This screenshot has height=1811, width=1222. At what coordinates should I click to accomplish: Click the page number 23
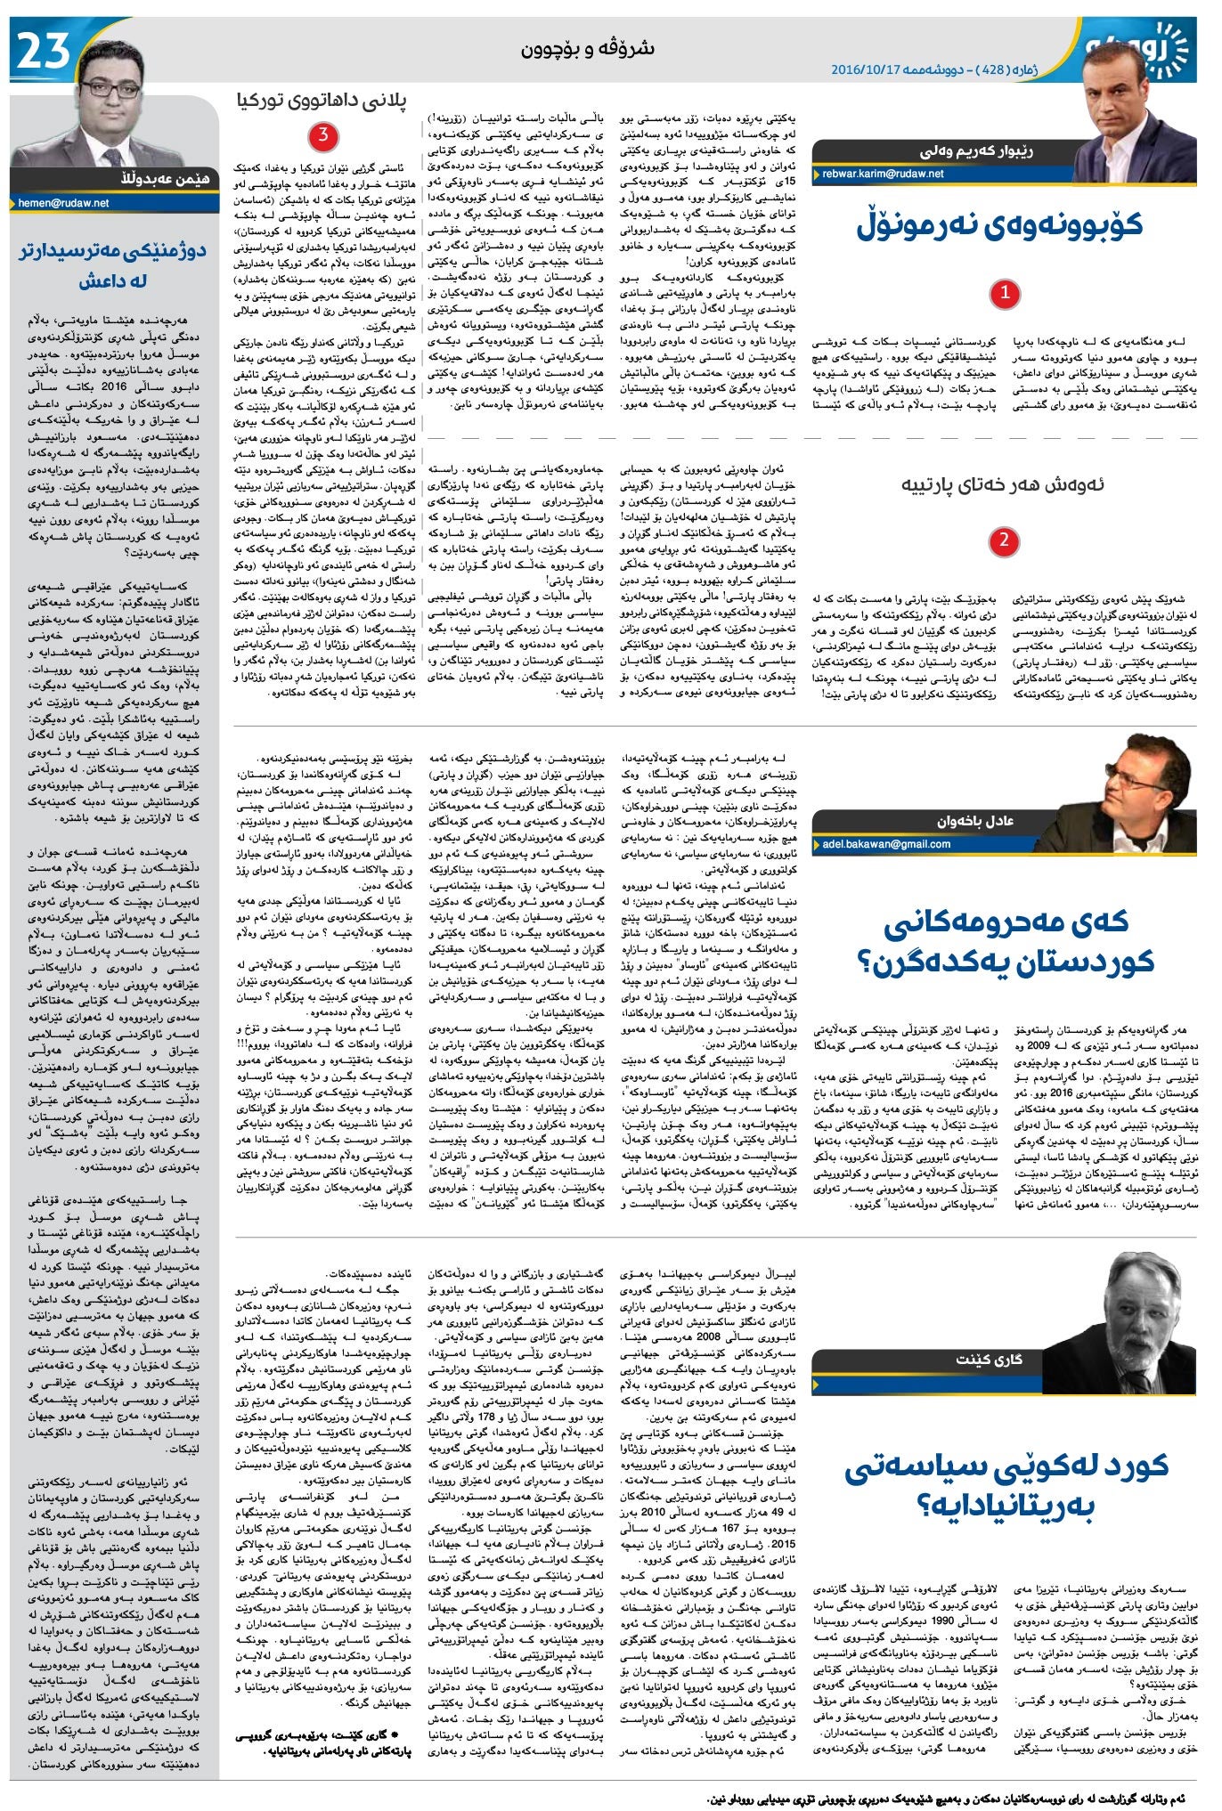(x=43, y=51)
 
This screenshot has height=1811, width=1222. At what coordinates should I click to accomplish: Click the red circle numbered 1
(x=1005, y=293)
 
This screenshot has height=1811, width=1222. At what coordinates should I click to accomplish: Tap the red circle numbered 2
(x=1004, y=540)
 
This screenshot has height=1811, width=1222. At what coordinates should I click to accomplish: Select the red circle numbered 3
(x=322, y=136)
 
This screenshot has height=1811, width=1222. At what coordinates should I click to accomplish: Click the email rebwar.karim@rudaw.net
(x=883, y=174)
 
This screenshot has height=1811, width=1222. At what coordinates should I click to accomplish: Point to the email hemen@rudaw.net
(x=64, y=203)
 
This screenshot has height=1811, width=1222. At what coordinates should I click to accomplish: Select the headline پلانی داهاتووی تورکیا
(x=322, y=102)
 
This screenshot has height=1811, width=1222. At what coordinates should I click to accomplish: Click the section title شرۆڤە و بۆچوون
(x=588, y=48)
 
